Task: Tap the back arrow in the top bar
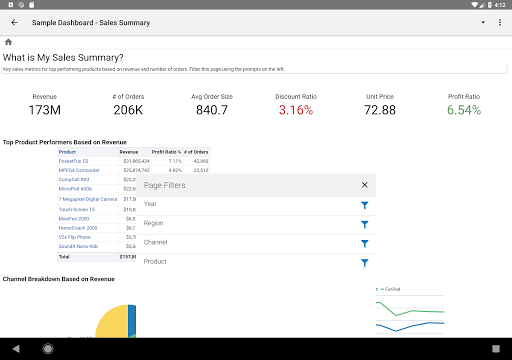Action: click(14, 21)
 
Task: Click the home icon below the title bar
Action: click(8, 42)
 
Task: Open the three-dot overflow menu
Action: click(498, 21)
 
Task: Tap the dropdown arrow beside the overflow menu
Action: click(482, 21)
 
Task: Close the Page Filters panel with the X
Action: click(365, 185)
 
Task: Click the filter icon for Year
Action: click(365, 205)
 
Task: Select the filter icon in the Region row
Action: click(365, 224)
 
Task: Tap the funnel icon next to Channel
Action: click(365, 243)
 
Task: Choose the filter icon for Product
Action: click(365, 262)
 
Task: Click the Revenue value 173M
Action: click(44, 109)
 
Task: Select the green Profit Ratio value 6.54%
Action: click(464, 109)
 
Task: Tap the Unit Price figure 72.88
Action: click(380, 109)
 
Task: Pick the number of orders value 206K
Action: click(128, 109)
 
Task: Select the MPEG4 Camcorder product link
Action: click(80, 170)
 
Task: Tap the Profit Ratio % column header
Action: click(167, 151)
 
